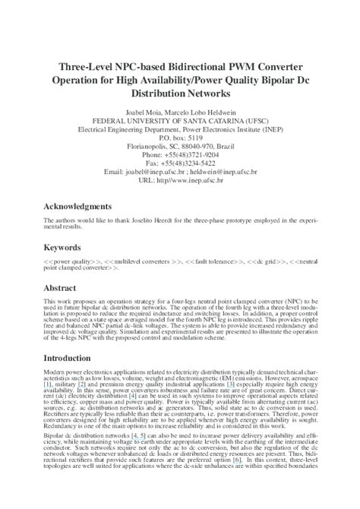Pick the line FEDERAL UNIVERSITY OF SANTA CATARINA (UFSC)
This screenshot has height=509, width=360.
180,120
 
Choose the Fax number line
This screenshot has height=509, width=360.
180,163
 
